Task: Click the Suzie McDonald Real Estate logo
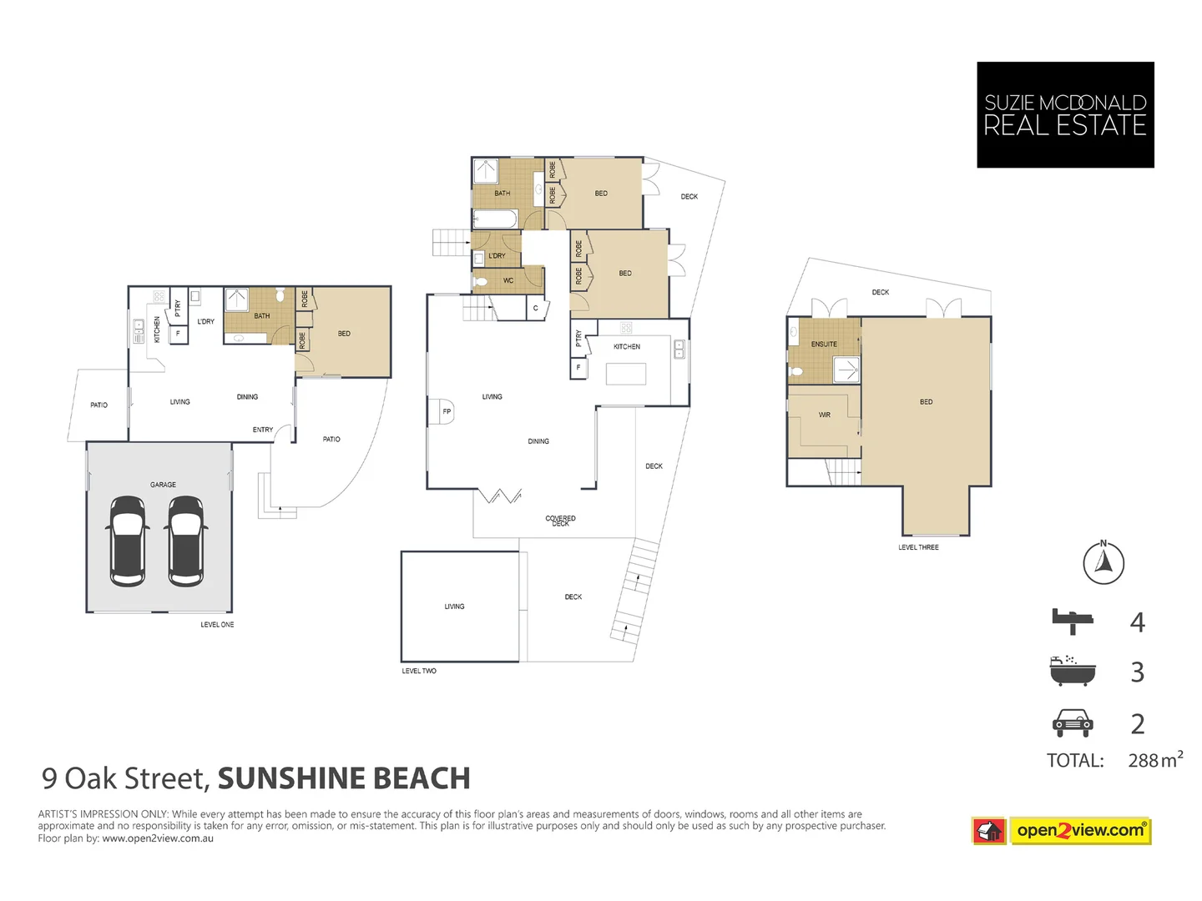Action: coord(1065,115)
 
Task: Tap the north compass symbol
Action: coord(1104,562)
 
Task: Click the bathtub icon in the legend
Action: coord(1071,671)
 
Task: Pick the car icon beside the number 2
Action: coord(1073,723)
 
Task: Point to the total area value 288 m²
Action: coord(1155,760)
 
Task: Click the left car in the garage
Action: coord(128,541)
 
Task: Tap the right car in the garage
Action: coord(185,541)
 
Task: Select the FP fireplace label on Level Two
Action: coord(447,411)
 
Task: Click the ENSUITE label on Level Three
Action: coord(824,344)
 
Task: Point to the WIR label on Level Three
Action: coord(825,415)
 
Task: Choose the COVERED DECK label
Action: coord(560,521)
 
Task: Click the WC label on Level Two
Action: coord(508,281)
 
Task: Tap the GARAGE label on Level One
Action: coord(163,485)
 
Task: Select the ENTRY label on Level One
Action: coord(263,430)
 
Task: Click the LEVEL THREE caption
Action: coord(918,547)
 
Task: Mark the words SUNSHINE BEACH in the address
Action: coord(344,778)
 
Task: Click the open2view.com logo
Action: coord(1080,830)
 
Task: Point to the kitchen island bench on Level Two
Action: coord(626,374)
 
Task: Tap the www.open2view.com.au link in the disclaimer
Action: coord(158,838)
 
